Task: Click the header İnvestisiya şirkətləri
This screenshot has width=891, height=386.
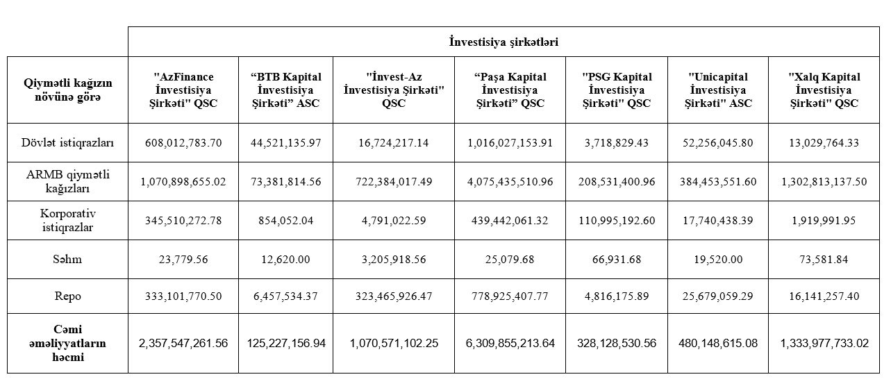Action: click(x=503, y=42)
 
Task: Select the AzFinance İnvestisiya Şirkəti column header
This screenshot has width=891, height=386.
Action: click(x=183, y=90)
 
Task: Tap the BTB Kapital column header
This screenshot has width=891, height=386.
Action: click(x=285, y=90)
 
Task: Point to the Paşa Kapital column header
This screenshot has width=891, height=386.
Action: click(x=510, y=90)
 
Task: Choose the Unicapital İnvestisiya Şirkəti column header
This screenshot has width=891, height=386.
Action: click(x=717, y=90)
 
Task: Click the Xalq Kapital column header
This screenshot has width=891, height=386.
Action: click(x=824, y=90)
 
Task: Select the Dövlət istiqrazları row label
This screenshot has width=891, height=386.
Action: click(x=67, y=143)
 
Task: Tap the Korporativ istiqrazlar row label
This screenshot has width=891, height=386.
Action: click(x=67, y=220)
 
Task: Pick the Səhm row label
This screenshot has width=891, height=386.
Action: click(x=67, y=259)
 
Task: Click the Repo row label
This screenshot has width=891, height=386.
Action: click(x=67, y=296)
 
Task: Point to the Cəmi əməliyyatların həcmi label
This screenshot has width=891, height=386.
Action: click(x=67, y=343)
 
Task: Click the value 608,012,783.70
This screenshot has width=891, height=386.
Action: click(x=183, y=143)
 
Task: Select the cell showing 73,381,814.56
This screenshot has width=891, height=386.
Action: click(x=285, y=182)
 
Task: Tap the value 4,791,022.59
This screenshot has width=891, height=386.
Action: click(x=394, y=221)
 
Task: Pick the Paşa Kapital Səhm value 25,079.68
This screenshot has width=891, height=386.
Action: click(x=510, y=260)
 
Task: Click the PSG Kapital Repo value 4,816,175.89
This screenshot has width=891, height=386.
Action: click(x=616, y=296)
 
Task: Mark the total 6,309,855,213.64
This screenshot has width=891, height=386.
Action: click(x=510, y=343)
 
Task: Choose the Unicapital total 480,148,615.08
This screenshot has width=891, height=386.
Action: click(x=717, y=343)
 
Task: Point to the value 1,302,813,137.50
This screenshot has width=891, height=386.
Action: click(x=824, y=182)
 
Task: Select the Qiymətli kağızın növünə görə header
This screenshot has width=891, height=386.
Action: click(x=67, y=90)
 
